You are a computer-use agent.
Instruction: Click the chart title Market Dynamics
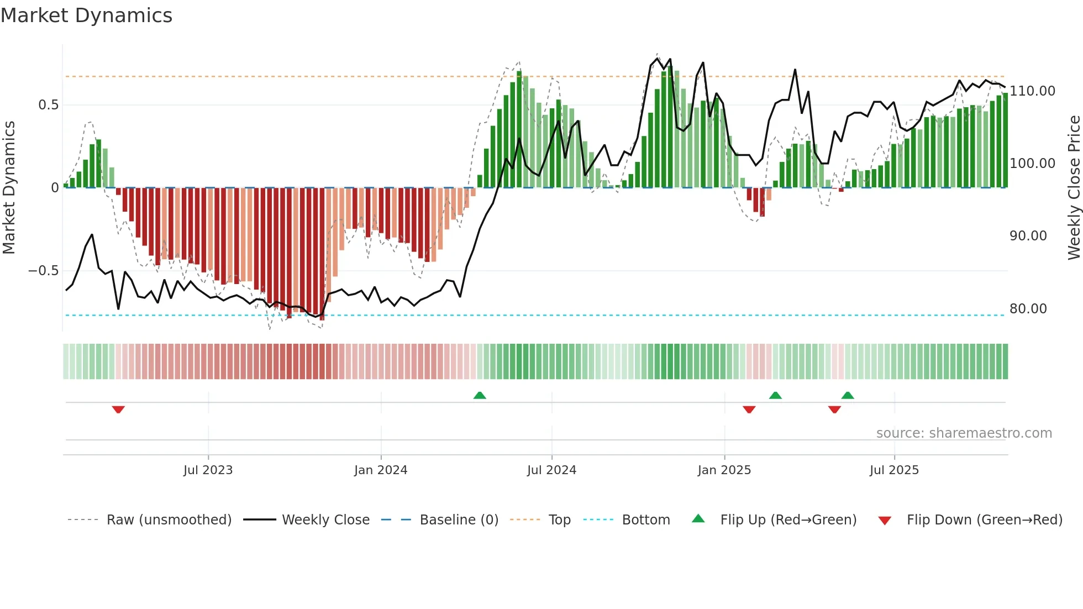[86, 15]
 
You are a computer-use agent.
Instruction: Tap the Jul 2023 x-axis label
[208, 470]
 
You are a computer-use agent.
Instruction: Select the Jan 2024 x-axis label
[381, 470]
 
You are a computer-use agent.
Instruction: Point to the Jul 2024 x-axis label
[551, 470]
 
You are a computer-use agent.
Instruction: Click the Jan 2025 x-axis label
[724, 470]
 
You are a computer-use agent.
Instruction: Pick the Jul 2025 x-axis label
[894, 470]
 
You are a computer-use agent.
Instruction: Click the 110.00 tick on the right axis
[1032, 91]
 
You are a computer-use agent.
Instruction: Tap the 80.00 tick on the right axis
[1028, 309]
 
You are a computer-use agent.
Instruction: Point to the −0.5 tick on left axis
[43, 271]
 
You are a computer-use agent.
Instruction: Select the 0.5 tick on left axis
[48, 105]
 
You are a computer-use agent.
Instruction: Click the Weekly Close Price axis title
[1074, 188]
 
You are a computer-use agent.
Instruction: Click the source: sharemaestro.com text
[964, 433]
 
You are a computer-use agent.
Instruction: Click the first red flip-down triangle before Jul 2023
[118, 410]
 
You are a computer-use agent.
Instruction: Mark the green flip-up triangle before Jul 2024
[480, 395]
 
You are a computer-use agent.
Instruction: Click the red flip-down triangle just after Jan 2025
[749, 410]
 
